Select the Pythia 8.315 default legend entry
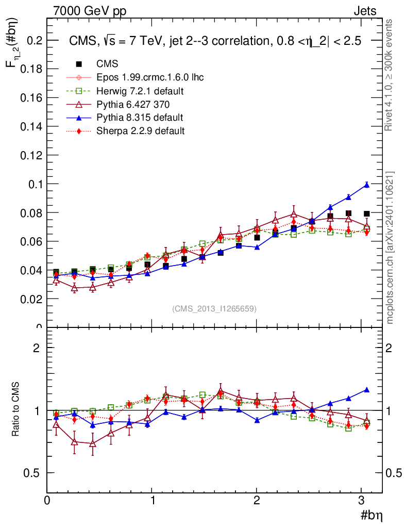tap(140, 118)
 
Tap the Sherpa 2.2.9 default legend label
tap(140, 131)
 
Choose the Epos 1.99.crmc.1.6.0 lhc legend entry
tap(150, 78)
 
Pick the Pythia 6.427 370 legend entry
tap(133, 105)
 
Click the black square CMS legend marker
tap(79, 64)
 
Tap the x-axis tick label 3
tap(362, 500)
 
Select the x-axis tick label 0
tap(47, 500)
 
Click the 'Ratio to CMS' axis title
tap(16, 410)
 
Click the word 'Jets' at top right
tap(364, 11)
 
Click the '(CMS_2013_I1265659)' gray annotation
tap(214, 309)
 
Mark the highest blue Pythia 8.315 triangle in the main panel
tap(367, 185)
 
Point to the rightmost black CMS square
tap(367, 213)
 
